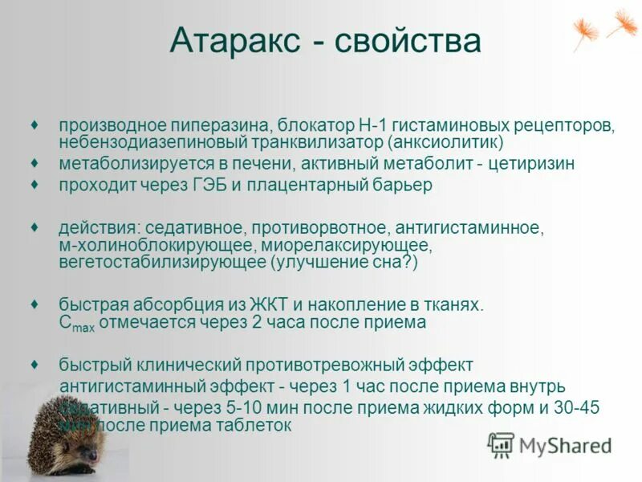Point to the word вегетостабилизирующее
pos(163,262)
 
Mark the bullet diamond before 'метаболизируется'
pos(35,163)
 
